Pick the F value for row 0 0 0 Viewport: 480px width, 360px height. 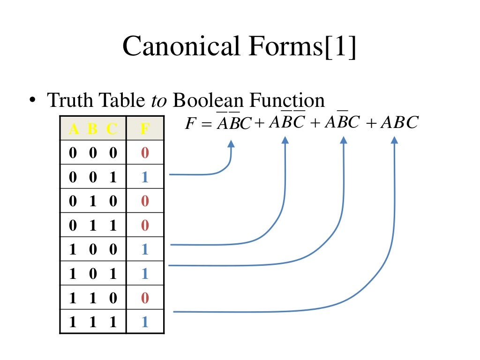coord(145,153)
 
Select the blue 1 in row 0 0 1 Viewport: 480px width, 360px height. coord(145,177)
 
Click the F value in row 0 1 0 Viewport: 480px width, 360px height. coord(145,201)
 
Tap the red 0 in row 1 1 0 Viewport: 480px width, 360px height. coord(145,298)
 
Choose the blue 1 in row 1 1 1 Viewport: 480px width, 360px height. coord(145,322)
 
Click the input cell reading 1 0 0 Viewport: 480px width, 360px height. coord(93,249)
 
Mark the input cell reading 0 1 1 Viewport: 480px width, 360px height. coord(93,225)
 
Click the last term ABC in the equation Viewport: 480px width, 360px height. coord(399,122)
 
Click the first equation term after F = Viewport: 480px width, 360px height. coord(233,123)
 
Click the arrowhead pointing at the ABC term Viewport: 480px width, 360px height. coord(394,140)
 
